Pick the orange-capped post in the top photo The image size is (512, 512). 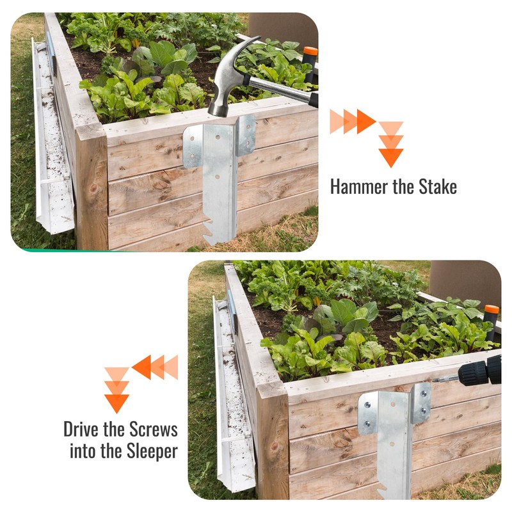click(x=310, y=64)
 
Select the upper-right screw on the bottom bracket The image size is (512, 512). click(x=423, y=393)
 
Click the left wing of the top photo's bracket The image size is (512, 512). click(x=193, y=147)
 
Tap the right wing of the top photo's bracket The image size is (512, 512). click(x=246, y=136)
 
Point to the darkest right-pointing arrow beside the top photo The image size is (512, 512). click(x=365, y=121)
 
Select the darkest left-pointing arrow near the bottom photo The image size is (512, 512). click(x=141, y=367)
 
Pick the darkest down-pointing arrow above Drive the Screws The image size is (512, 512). click(x=116, y=403)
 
